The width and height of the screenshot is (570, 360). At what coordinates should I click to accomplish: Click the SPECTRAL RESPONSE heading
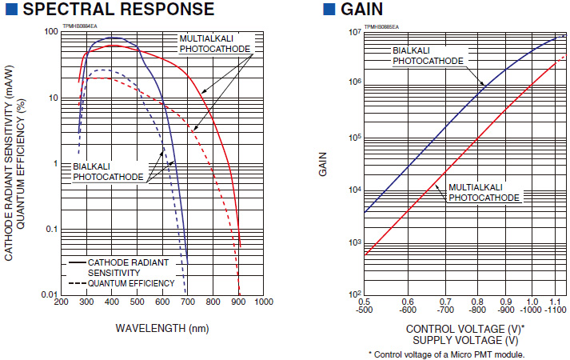(116, 10)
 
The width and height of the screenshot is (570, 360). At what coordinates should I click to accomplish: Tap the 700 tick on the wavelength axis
(187, 302)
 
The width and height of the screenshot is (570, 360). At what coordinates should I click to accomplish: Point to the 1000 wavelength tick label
(263, 302)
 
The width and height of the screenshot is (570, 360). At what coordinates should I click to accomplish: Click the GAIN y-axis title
(324, 163)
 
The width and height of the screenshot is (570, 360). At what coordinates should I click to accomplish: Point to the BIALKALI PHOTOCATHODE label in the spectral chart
(108, 171)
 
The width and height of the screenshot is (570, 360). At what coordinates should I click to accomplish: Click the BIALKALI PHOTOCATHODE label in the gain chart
(428, 55)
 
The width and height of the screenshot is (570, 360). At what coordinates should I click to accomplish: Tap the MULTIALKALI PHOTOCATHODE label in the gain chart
(484, 192)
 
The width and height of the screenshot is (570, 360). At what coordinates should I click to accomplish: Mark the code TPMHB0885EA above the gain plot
(381, 26)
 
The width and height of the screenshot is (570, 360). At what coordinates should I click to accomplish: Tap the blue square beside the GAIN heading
(328, 10)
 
